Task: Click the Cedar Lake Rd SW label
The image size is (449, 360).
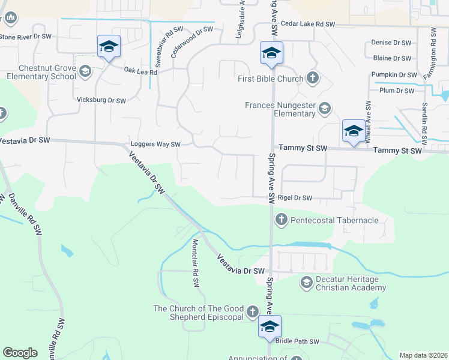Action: tap(309, 24)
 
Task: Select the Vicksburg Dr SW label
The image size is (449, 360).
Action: tap(101, 100)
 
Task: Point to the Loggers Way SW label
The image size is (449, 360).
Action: tap(155, 145)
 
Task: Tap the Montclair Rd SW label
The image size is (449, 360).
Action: tap(195, 263)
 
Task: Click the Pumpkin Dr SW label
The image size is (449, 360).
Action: tap(394, 74)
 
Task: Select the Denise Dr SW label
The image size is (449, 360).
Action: tap(391, 43)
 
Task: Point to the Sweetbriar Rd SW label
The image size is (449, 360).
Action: tap(169, 40)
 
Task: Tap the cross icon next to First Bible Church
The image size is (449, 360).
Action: tap(312, 77)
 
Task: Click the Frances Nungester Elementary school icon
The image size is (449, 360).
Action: tap(325, 108)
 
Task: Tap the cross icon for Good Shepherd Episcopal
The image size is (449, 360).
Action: tap(253, 313)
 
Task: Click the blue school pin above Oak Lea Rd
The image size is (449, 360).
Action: tap(109, 47)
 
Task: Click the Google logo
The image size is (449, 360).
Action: tap(20, 353)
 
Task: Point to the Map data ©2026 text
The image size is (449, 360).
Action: tap(423, 355)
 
